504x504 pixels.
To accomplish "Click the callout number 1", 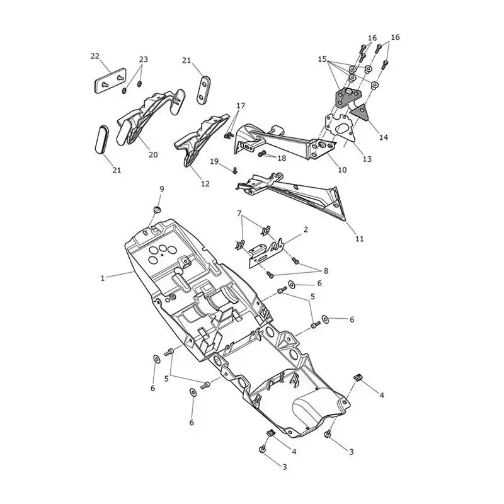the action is pos(103,278).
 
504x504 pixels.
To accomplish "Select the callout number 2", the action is pos(306,229).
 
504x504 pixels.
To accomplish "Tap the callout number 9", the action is pos(162,188).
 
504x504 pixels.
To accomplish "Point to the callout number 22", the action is pos(95,56).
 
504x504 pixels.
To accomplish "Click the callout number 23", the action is pos(144,59).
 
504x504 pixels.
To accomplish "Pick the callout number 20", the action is pos(153,154).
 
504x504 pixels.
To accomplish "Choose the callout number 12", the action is pos(205,183).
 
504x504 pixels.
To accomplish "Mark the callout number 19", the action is pos(214,161).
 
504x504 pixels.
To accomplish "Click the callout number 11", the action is pos(359,239).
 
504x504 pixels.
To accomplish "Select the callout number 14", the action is pos(384,137).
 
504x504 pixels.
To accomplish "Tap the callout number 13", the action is pos(367,159).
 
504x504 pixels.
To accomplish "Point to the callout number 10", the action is pos(342,169).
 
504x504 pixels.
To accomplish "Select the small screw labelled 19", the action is pos(235,170).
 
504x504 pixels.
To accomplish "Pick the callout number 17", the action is pos(241,106).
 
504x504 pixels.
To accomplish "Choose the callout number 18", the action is pos(282,158).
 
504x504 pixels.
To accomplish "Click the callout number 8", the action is pos(326,271).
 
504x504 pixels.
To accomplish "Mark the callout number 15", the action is pos(323,59).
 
